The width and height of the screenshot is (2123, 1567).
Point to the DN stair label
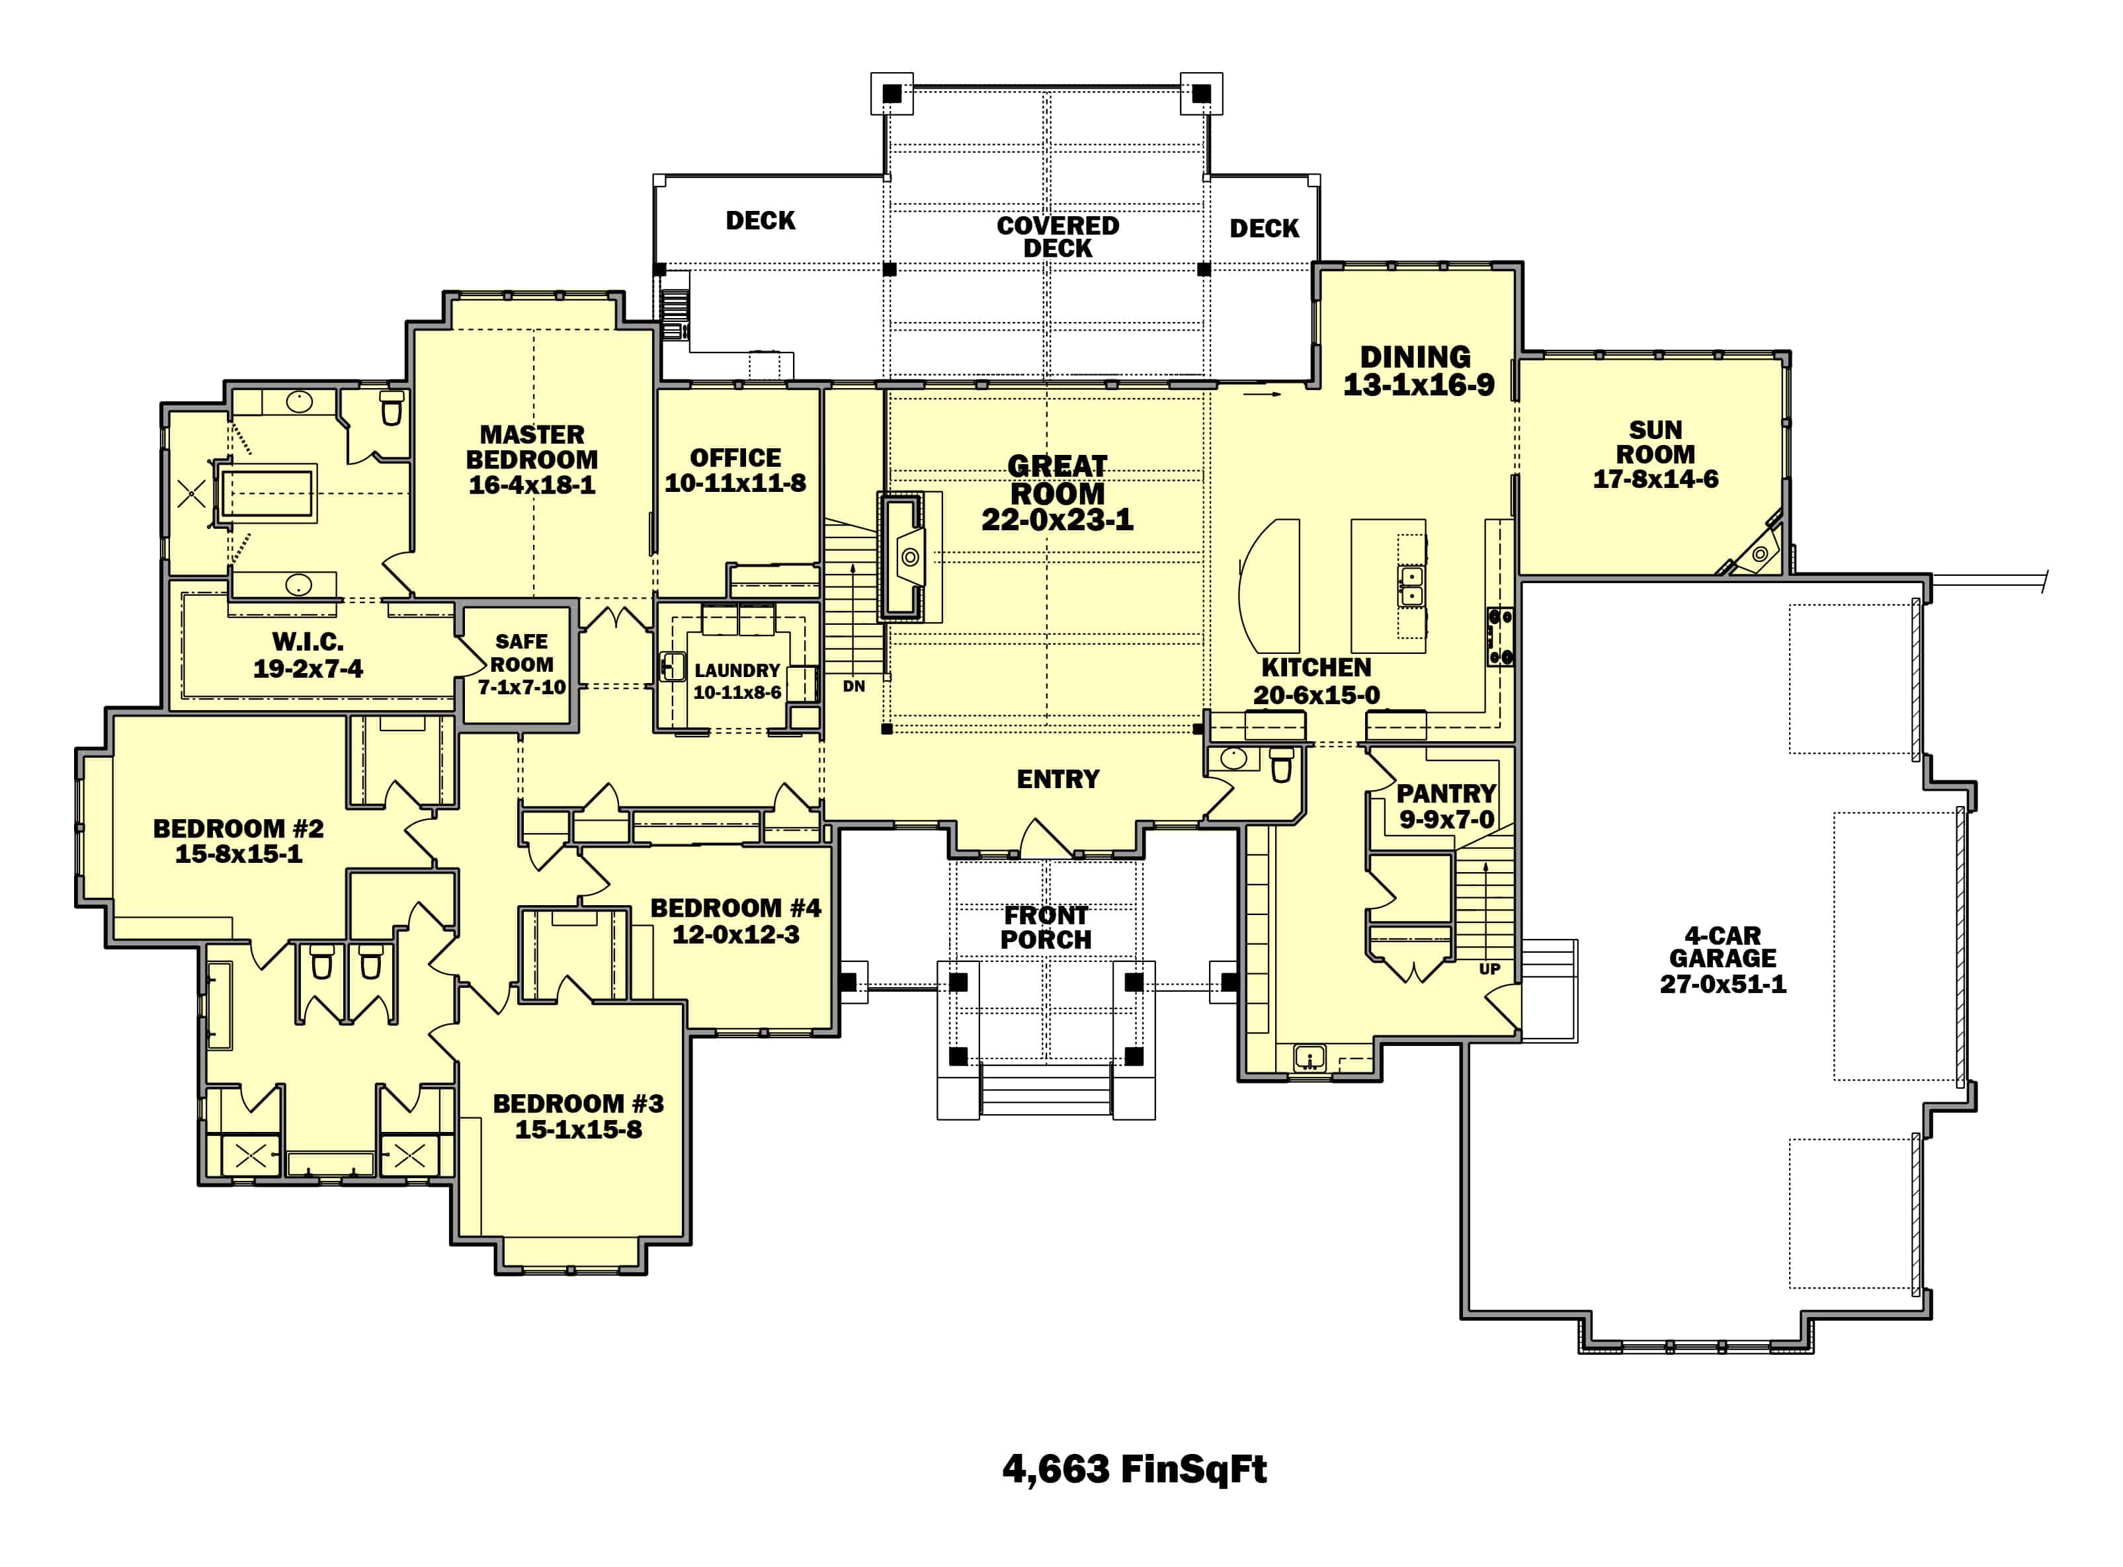coord(854,686)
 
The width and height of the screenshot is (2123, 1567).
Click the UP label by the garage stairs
coord(1489,969)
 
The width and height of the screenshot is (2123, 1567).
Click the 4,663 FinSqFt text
coord(1134,1469)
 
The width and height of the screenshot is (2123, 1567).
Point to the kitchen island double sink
coord(1411,585)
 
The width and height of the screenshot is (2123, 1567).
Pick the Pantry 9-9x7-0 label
coord(1446,806)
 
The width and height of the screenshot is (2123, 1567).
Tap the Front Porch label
coord(1046,928)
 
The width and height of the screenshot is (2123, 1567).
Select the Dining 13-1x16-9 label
coord(1417,371)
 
